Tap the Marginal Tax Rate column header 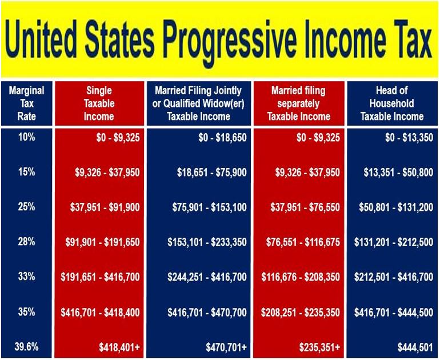27,103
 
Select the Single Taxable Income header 99,103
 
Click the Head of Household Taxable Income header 392,103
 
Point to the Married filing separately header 298,103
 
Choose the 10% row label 27,137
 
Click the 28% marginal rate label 27,242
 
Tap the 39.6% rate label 26,347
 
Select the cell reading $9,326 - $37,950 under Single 107,172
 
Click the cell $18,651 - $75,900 212,172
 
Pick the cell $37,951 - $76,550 305,207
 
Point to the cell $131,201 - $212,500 394,242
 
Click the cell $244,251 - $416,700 207,277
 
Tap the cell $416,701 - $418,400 100,313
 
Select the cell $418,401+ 119,347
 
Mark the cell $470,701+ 226,347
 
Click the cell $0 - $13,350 409,138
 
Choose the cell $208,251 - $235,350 300,313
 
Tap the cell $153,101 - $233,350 207,242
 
